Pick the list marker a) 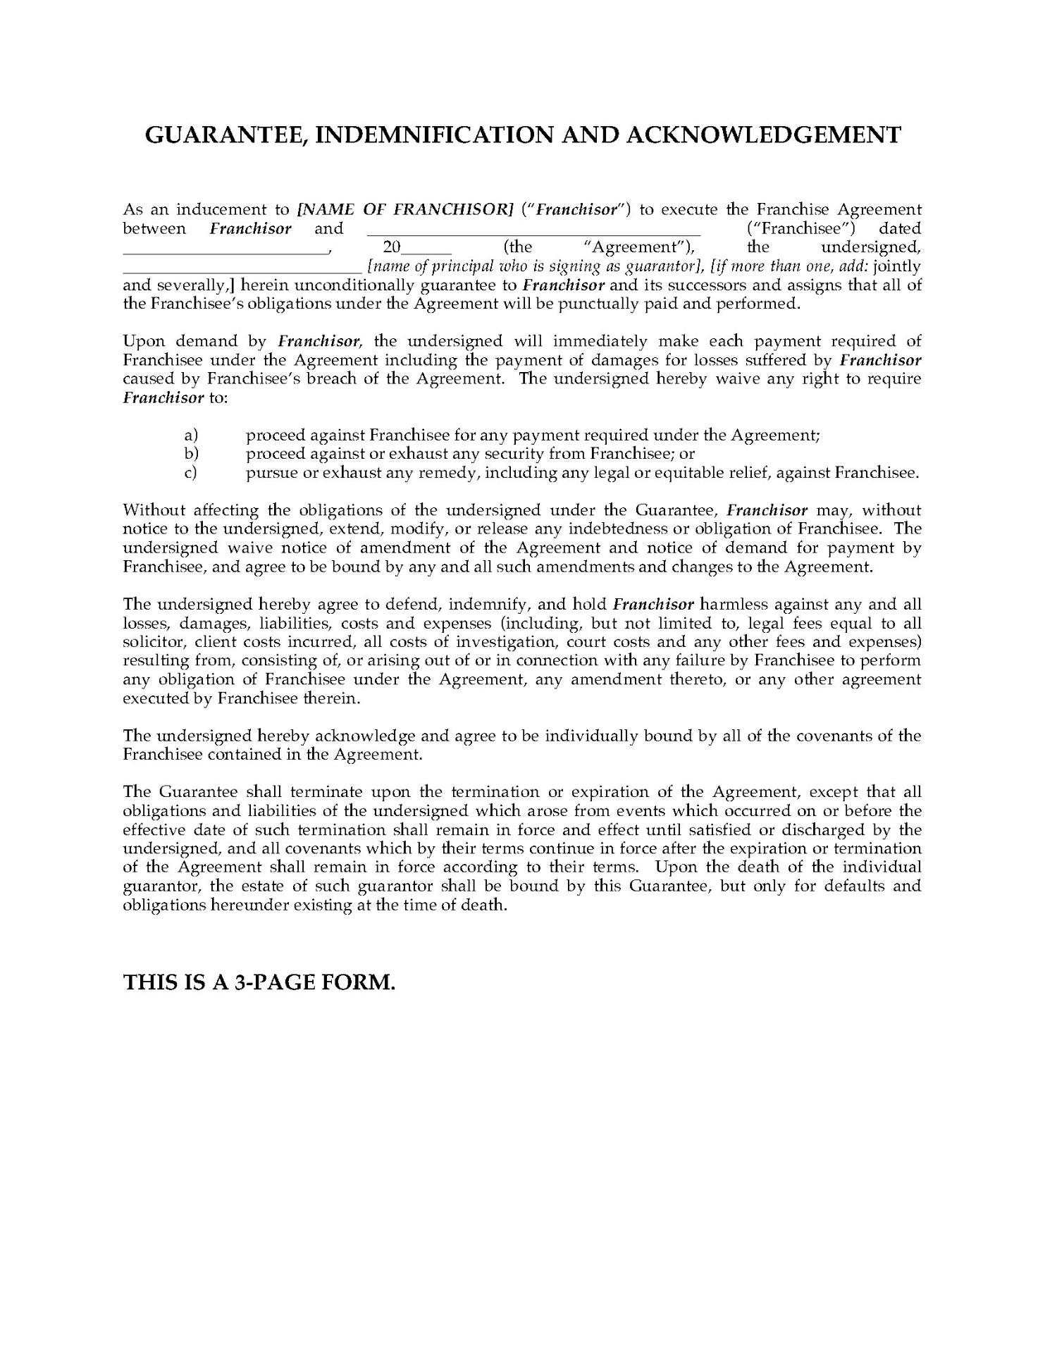(x=191, y=435)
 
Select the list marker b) (x=191, y=454)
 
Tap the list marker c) (x=190, y=473)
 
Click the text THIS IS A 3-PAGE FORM (x=259, y=982)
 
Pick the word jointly (x=896, y=266)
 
